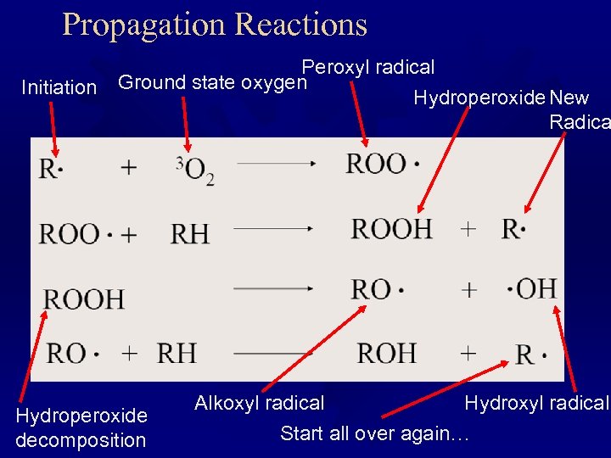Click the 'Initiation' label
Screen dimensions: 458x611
pos(59,87)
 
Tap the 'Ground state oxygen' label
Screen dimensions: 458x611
pos(212,83)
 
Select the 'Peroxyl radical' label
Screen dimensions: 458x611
pos(368,67)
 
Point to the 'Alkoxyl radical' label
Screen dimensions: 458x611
pos(260,403)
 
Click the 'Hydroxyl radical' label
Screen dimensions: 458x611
pos(536,404)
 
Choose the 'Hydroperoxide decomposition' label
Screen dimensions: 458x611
pos(81,427)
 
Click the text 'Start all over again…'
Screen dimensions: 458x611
pos(374,433)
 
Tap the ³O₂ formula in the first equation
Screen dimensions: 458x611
pos(194,170)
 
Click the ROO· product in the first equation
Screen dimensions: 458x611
pos(383,165)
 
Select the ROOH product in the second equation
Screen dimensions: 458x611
pos(392,228)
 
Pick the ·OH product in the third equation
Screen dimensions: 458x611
pos(532,289)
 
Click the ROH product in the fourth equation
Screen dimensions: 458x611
pos(386,353)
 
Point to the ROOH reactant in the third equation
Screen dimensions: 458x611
pos(84,299)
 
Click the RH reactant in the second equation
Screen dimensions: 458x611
pos(190,233)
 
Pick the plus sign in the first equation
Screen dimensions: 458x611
pos(129,167)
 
